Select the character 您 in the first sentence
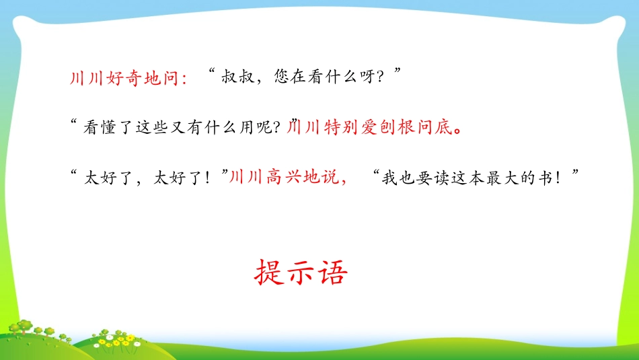coord(283,78)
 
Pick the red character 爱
coord(368,127)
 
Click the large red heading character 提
coord(269,273)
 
